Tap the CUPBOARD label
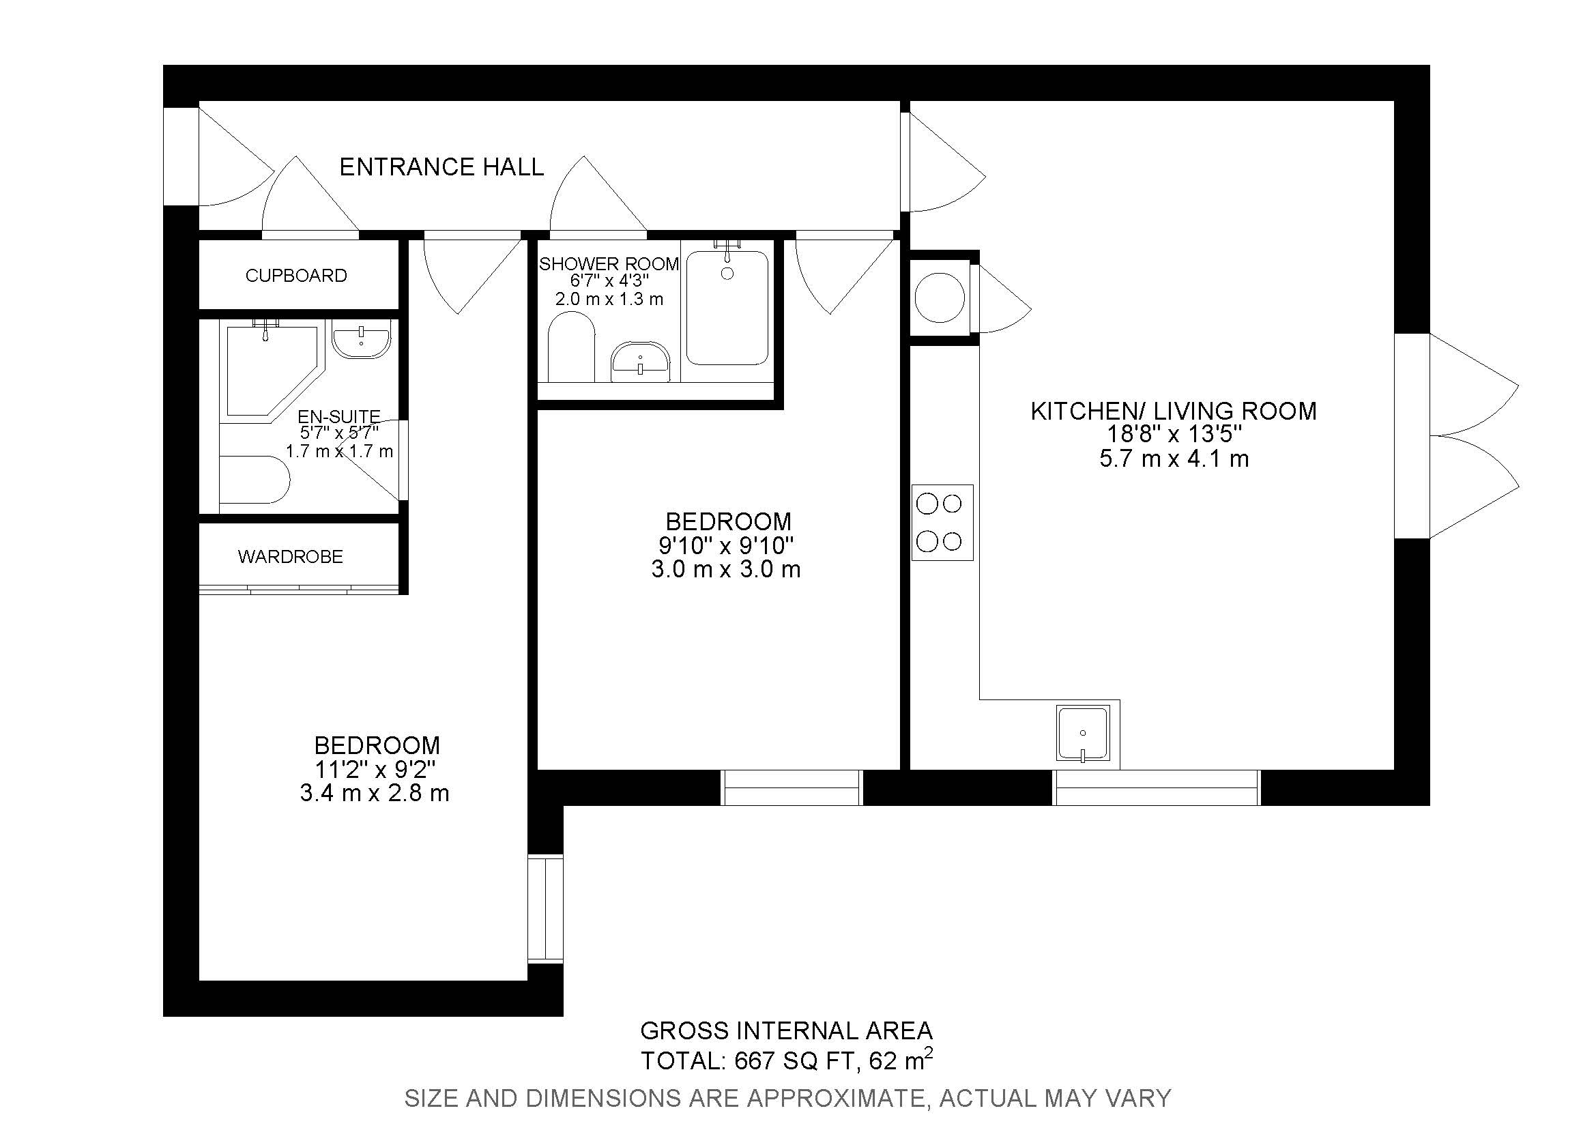[296, 276]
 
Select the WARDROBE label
[290, 557]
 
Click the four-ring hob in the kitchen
[942, 523]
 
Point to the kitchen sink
[1082, 734]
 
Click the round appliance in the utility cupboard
[940, 298]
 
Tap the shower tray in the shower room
[727, 308]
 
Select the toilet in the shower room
[570, 347]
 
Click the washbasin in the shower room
[640, 361]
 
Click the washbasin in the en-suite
[361, 341]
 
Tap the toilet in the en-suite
[254, 480]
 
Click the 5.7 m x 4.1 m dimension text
[1174, 459]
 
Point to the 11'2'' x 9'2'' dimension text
[375, 769]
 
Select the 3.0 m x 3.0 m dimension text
[726, 570]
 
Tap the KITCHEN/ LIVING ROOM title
[1173, 411]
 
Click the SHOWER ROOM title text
[608, 264]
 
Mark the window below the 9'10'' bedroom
[792, 787]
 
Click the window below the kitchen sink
[1157, 787]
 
